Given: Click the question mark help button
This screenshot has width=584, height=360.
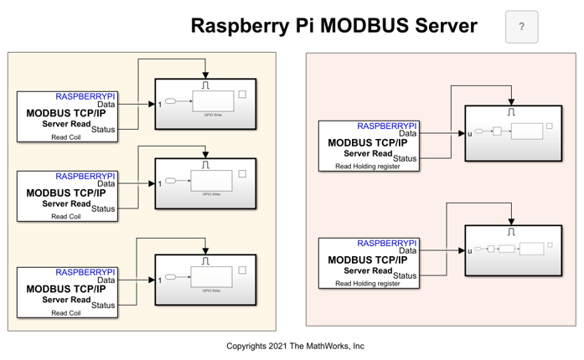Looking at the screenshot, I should pyautogui.click(x=521, y=27).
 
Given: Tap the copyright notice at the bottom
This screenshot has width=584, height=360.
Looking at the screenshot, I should pyautogui.click(x=295, y=346).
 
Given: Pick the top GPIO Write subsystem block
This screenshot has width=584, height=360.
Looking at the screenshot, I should pyautogui.click(x=205, y=104).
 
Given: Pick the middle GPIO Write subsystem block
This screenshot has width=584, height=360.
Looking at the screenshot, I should pyautogui.click(x=205, y=183).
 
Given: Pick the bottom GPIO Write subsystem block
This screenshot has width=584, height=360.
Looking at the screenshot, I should pyautogui.click(x=205, y=280).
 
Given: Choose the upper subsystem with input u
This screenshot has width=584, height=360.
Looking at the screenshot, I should pyautogui.click(x=514, y=132).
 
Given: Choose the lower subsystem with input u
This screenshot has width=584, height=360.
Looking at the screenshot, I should pyautogui.click(x=514, y=249).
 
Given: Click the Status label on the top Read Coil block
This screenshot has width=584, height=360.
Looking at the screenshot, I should pyautogui.click(x=103, y=129).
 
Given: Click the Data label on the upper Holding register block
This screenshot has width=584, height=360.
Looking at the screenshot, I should pyautogui.click(x=407, y=133).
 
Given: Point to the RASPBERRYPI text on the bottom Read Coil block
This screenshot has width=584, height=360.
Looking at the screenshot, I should pyautogui.click(x=85, y=273).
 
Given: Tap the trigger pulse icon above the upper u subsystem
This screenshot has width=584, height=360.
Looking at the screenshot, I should pyautogui.click(x=512, y=112).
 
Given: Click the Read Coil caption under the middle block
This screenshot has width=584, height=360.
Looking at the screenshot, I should pyautogui.click(x=65, y=217).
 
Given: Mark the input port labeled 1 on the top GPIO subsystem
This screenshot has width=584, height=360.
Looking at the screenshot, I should pyautogui.click(x=159, y=105).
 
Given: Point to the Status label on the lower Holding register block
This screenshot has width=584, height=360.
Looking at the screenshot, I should pyautogui.click(x=405, y=275).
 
